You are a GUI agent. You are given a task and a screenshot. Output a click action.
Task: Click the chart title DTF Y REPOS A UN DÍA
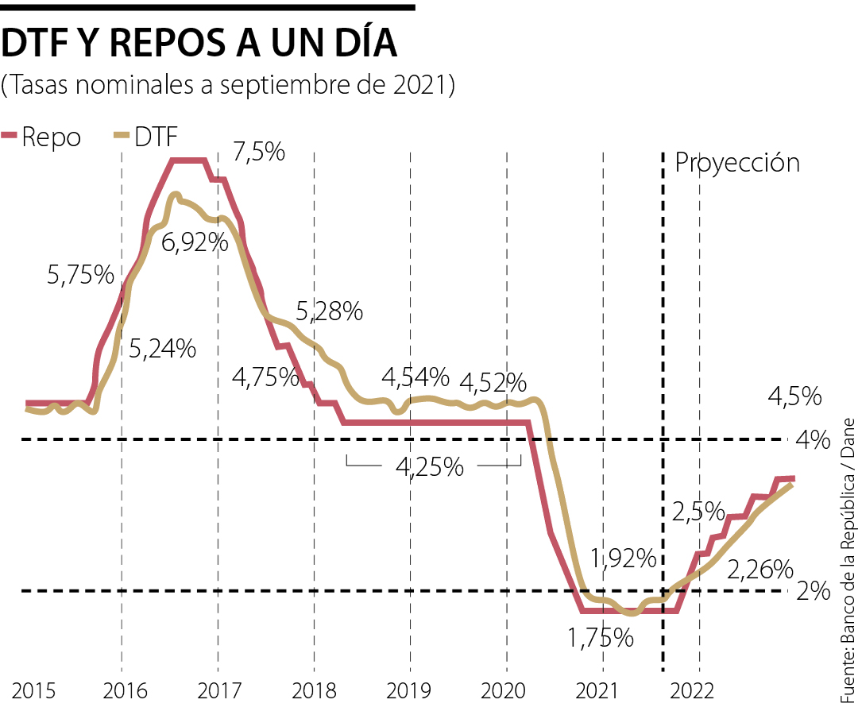pos(199,44)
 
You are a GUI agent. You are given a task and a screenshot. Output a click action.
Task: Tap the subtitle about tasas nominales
pos(228,85)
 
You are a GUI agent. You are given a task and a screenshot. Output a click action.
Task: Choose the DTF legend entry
pos(146,137)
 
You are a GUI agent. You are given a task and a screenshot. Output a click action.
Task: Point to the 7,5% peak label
pos(259,151)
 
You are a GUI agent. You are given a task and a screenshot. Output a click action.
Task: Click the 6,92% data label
pos(195,242)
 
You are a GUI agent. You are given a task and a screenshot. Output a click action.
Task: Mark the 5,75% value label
pos(80,275)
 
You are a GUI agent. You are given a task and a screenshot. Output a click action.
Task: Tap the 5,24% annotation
pos(162,348)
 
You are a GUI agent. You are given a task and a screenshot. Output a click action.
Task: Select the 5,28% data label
pos(329,311)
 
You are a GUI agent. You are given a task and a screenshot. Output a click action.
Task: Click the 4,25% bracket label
pos(430,467)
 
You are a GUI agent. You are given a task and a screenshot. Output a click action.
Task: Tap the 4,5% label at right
pos(794,396)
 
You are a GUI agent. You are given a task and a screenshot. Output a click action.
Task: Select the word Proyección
pos(736,163)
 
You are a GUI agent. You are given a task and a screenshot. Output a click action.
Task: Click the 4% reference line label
pos(815,439)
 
